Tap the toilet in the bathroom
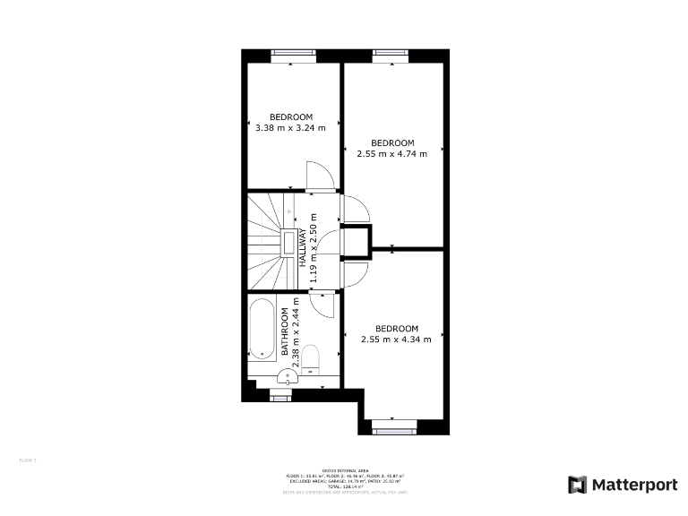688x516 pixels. [x=310, y=358]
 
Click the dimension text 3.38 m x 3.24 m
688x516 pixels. [x=290, y=127]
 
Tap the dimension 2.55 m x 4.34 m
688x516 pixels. [x=396, y=339]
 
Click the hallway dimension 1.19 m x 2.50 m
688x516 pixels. [x=314, y=248]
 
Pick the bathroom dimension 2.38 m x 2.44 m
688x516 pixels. [x=297, y=332]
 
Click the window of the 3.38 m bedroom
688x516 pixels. [x=295, y=53]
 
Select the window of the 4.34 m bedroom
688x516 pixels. [x=393, y=431]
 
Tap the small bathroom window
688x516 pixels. [x=282, y=391]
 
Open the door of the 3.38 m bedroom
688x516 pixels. [x=319, y=177]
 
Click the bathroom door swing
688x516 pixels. [x=324, y=305]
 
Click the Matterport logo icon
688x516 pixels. [x=579, y=485]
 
